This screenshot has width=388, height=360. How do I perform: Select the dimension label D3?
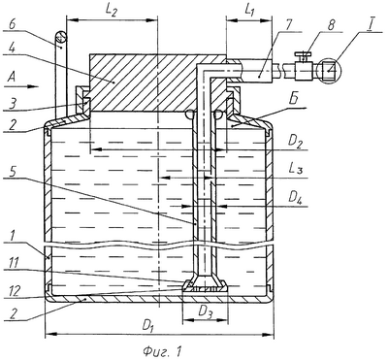pos(205,311)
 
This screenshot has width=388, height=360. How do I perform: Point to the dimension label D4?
pos(296,197)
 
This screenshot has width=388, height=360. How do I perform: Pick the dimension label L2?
pos(112,11)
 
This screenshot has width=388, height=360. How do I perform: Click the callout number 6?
pos(12,24)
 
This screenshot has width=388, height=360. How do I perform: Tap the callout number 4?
pos(12,49)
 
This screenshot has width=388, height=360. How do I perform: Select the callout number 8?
pos(331,26)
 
